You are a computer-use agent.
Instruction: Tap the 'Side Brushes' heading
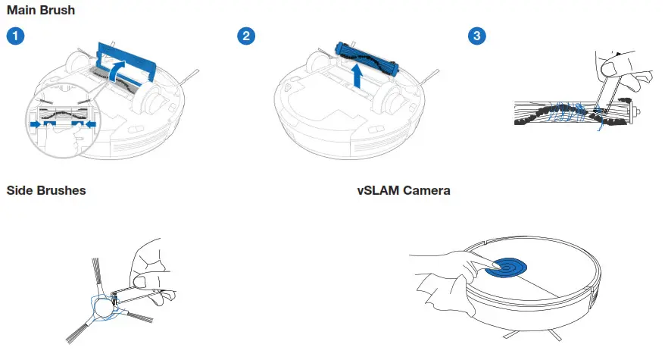[45, 190]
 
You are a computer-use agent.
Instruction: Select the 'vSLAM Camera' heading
[404, 190]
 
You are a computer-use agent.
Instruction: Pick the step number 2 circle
[245, 36]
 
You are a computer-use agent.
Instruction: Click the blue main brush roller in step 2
[366, 56]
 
